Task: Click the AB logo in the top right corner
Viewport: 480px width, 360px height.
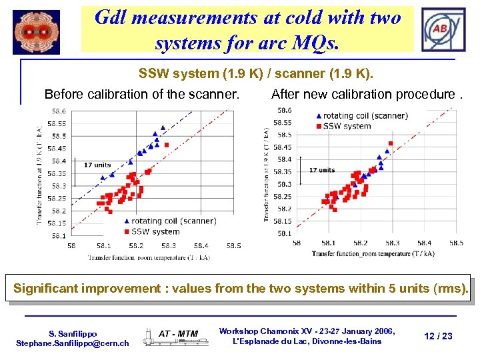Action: [442, 30]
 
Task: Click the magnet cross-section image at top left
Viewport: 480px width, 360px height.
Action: [37, 31]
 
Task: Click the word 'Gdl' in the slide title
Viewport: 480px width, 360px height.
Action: [113, 17]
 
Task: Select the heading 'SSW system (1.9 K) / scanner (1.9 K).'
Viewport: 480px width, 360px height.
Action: [256, 72]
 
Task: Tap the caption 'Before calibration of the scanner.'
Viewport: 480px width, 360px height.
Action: [141, 94]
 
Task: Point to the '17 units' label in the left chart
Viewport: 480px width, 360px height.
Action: [97, 165]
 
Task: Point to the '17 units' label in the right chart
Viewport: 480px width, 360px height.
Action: [322, 170]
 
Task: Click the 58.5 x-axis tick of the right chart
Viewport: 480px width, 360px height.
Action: [456, 243]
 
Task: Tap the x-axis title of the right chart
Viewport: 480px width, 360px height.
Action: [373, 253]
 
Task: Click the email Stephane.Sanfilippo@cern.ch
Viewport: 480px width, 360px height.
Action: [72, 343]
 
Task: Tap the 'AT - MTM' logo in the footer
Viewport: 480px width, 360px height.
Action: [178, 333]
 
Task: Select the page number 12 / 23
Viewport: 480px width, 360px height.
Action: [437, 336]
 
